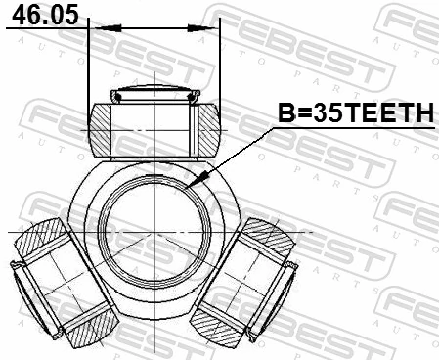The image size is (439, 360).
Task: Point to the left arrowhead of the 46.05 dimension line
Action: tap(94, 28)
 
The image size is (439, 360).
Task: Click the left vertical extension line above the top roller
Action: tap(88, 59)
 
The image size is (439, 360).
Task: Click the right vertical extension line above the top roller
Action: tap(221, 59)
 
